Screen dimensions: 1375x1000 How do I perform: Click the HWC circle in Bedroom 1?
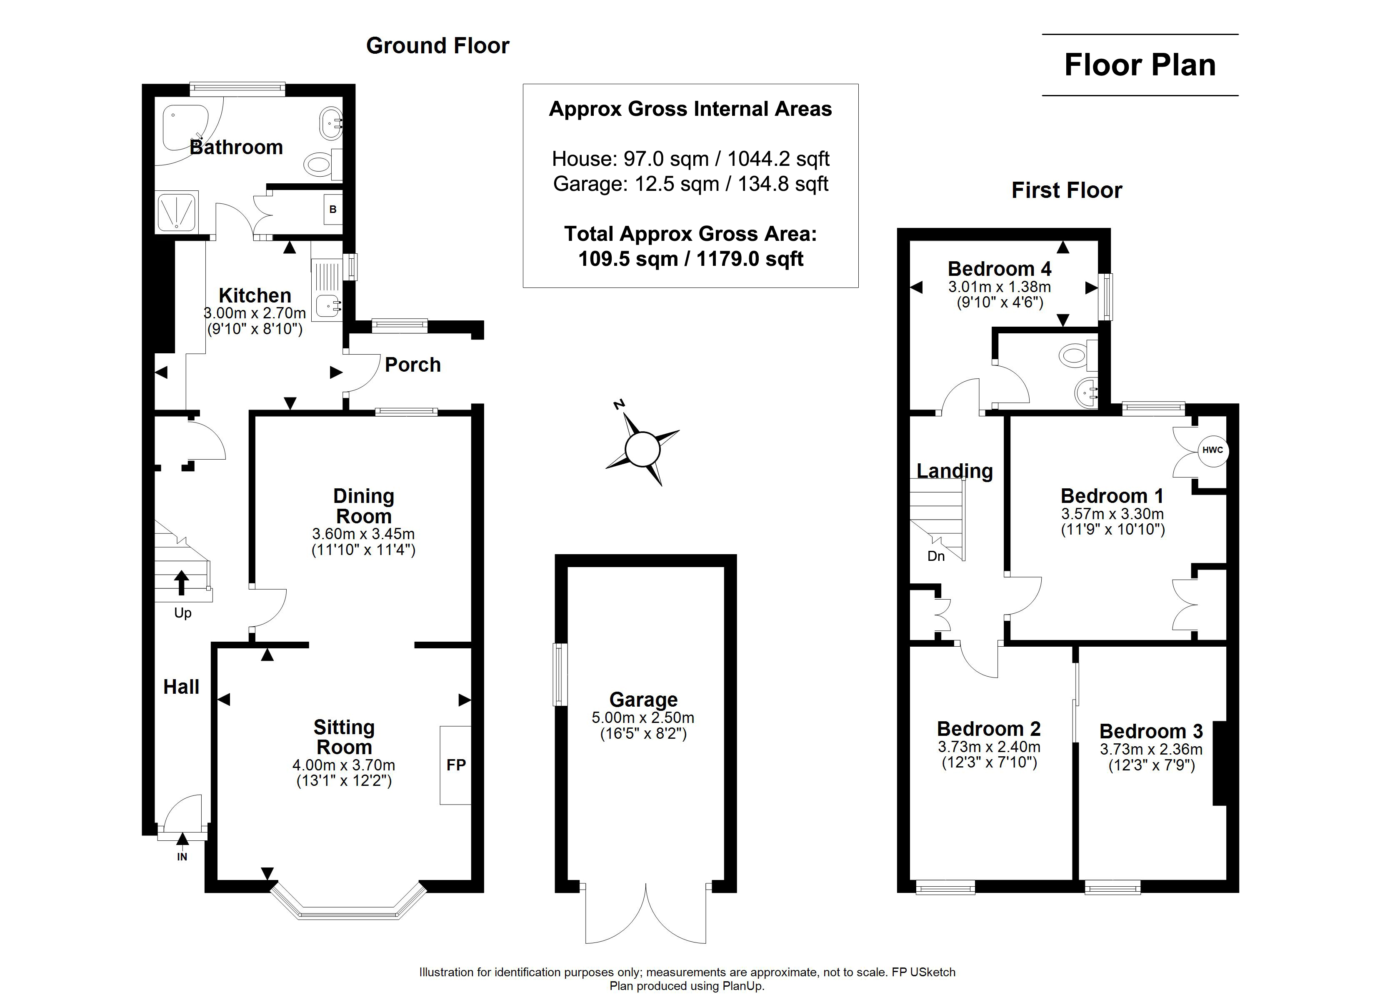pyautogui.click(x=1212, y=450)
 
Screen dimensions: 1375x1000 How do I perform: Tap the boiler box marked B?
pyautogui.click(x=333, y=209)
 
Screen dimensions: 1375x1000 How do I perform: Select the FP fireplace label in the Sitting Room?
pyautogui.click(x=456, y=765)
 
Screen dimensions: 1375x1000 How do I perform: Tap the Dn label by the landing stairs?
pyautogui.click(x=936, y=556)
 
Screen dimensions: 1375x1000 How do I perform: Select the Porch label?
pyautogui.click(x=413, y=365)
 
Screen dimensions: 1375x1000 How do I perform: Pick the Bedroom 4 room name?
pyautogui.click(x=1000, y=269)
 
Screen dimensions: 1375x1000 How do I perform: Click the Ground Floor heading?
pyautogui.click(x=438, y=45)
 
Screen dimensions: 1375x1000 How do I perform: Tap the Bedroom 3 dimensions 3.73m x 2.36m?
pyautogui.click(x=1151, y=750)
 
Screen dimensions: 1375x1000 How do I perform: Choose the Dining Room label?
pyautogui.click(x=364, y=506)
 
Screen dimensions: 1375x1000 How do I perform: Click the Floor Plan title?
pyautogui.click(x=1140, y=65)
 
